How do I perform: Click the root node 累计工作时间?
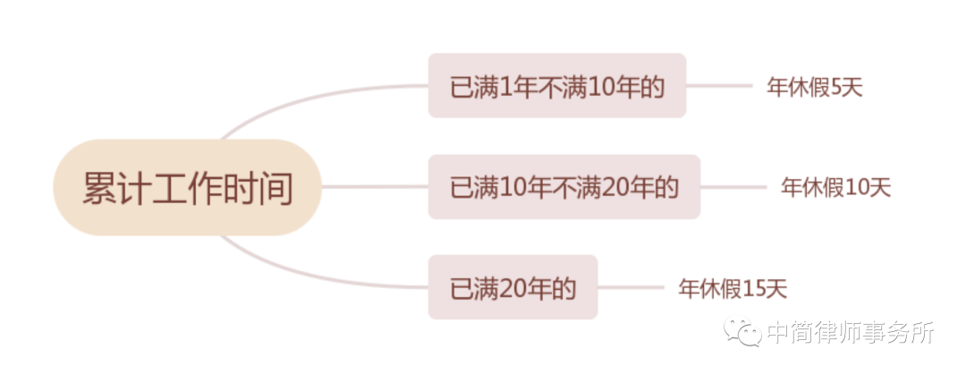[x=187, y=188]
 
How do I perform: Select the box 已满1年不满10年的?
[x=556, y=86]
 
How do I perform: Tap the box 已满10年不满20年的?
[x=563, y=187]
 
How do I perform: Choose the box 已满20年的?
[x=513, y=288]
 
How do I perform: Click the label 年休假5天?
[x=814, y=87]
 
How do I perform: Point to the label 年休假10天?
[x=835, y=188]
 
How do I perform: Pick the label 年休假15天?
[x=733, y=288]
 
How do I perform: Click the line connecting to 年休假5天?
[x=719, y=86]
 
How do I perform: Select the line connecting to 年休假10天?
[x=733, y=187]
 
